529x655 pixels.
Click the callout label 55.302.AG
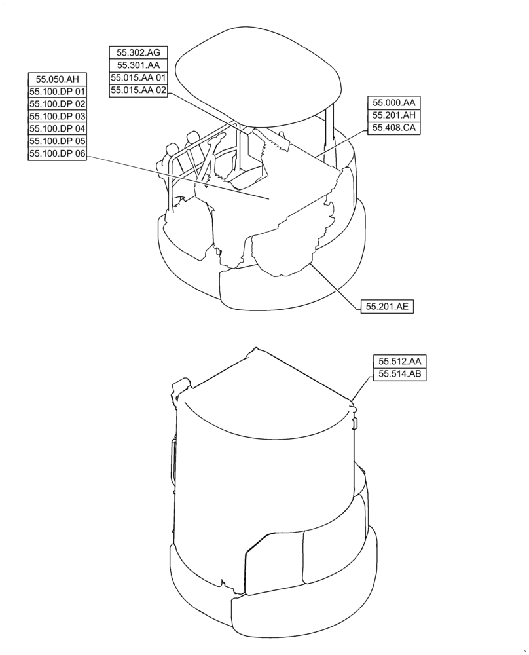(138, 52)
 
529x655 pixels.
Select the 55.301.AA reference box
(138, 65)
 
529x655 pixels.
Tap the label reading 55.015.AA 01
(138, 78)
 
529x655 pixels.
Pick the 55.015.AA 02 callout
(138, 90)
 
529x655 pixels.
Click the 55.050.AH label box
(58, 79)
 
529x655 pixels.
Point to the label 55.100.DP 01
(58, 91)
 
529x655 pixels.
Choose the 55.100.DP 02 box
(58, 103)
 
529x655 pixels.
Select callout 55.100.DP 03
(58, 116)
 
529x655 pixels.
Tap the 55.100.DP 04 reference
(58, 128)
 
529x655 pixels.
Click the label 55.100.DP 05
(58, 141)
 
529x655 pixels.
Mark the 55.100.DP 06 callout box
(58, 153)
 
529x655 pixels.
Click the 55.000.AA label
(394, 102)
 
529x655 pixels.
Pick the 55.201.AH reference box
(394, 115)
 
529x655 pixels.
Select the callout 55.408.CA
(394, 128)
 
